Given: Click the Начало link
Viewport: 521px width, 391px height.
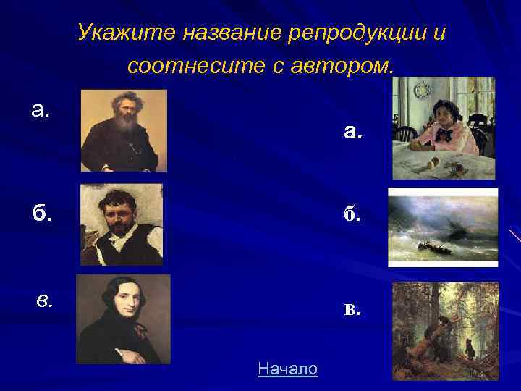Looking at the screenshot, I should [287, 369].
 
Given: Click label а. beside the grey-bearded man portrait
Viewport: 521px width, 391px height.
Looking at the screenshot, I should [41, 109].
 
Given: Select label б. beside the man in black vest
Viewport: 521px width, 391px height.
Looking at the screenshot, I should [41, 214].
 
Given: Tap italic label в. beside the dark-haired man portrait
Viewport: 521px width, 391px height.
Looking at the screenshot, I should [45, 300].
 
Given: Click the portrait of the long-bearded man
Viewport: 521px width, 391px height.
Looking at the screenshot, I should [124, 130].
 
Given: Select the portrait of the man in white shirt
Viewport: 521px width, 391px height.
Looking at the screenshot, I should [121, 224].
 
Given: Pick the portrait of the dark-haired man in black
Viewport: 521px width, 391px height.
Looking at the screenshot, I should [123, 319].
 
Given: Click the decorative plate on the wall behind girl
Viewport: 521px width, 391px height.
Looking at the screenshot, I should [422, 91].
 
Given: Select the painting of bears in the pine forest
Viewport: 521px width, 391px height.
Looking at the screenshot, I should [445, 330].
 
